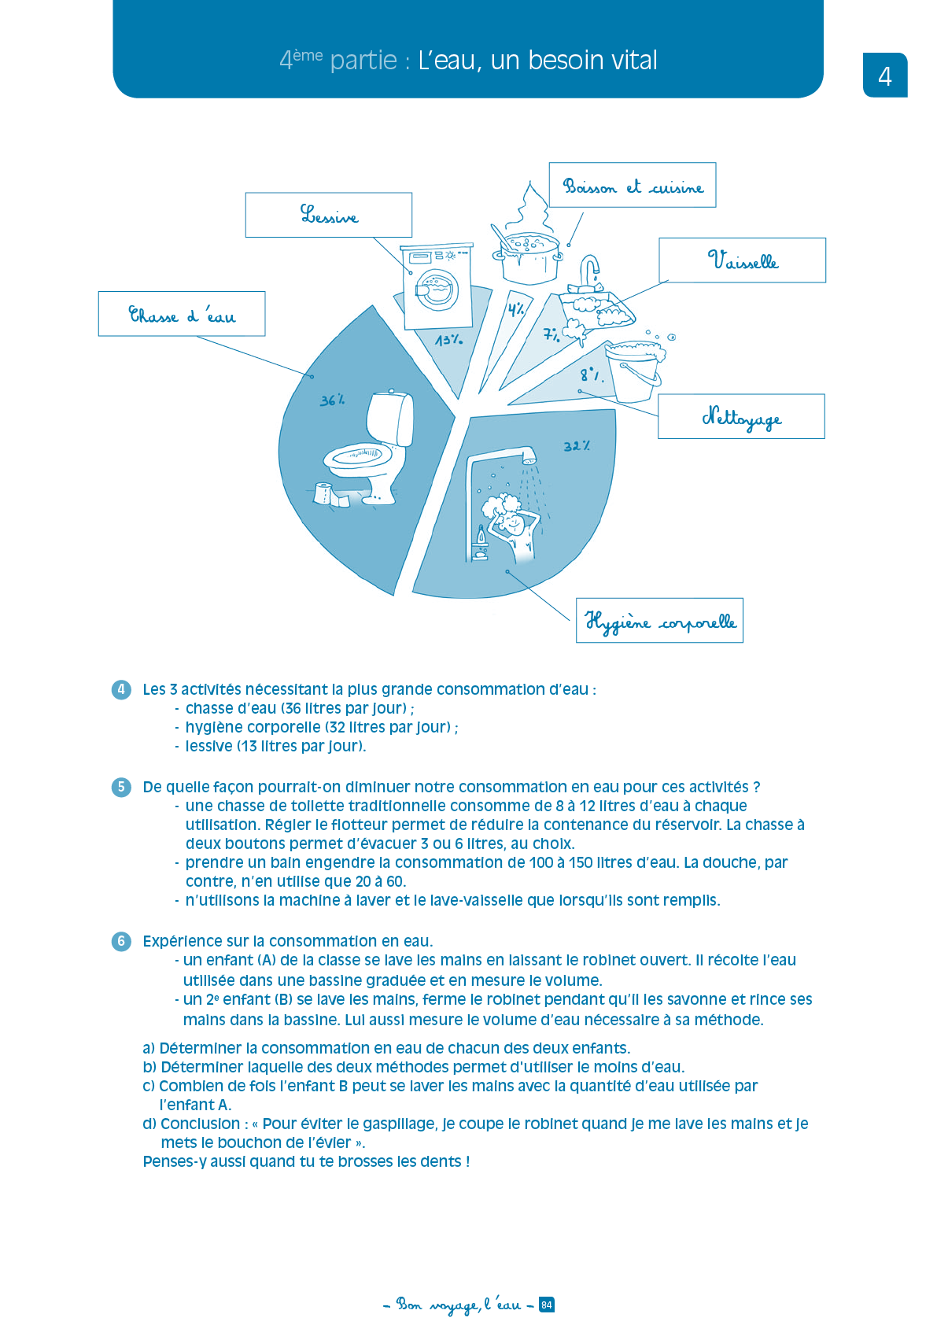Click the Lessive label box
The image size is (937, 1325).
pyautogui.click(x=328, y=215)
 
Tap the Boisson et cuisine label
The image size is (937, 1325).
pyautogui.click(x=632, y=186)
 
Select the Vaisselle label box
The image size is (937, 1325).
pyautogui.click(x=742, y=260)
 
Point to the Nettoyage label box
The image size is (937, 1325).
pyautogui.click(x=740, y=416)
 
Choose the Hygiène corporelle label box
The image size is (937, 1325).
pyautogui.click(x=659, y=621)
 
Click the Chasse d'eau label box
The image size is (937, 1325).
pyautogui.click(x=181, y=314)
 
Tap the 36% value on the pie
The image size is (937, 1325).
pyautogui.click(x=332, y=400)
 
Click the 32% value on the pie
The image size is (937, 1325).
pyautogui.click(x=576, y=446)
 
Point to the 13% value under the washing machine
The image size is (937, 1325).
pyautogui.click(x=448, y=340)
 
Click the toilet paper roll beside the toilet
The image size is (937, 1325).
pyautogui.click(x=323, y=493)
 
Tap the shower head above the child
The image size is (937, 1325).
pyautogui.click(x=529, y=455)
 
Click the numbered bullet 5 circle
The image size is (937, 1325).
pyautogui.click(x=121, y=787)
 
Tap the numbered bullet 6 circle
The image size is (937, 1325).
pyautogui.click(x=121, y=941)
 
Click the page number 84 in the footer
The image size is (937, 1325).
pyautogui.click(x=547, y=1305)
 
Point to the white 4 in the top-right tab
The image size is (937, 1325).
pyautogui.click(x=885, y=76)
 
